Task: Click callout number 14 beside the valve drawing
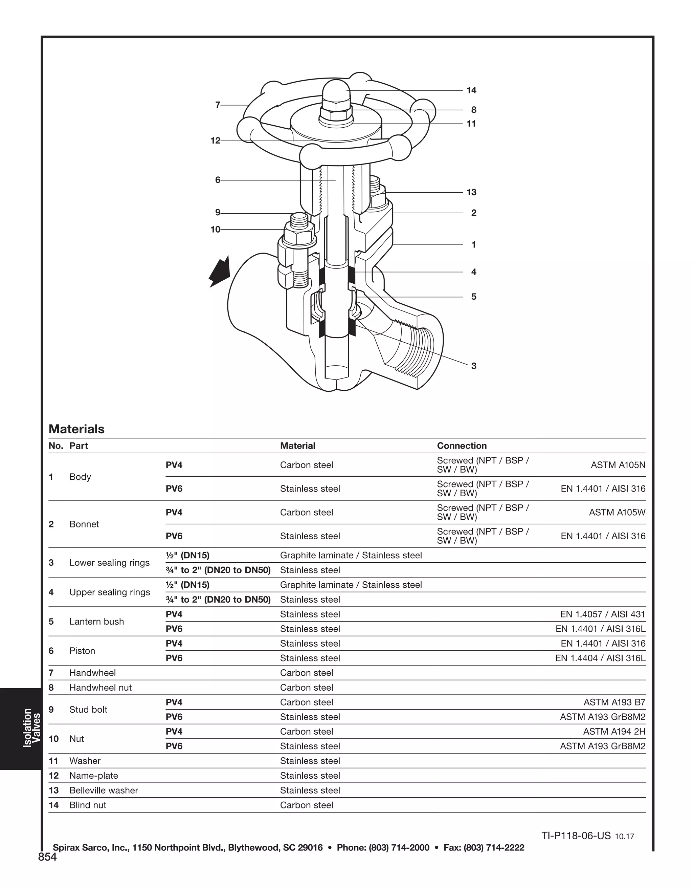[x=471, y=90]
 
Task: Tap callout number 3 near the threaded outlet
[x=473, y=366]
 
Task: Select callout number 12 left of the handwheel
[x=215, y=140]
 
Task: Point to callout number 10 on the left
[x=215, y=230]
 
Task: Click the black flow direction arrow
[x=220, y=271]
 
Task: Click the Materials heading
[x=76, y=429]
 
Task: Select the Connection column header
[x=462, y=446]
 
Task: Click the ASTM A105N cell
[x=618, y=465]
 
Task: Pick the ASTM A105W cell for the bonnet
[x=617, y=512]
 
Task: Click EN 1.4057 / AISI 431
[x=602, y=614]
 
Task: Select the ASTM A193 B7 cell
[x=614, y=702]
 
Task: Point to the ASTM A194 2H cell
[x=614, y=732]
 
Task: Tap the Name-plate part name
[x=93, y=776]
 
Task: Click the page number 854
[x=47, y=857]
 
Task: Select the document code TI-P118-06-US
[x=576, y=836]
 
